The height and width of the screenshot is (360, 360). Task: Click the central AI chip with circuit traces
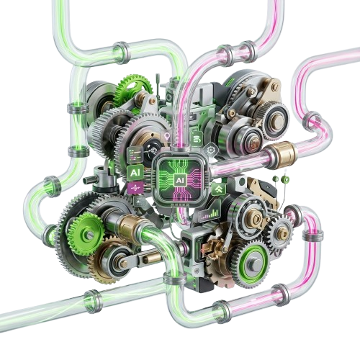pos(178,179)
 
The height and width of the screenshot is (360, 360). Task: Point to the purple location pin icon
pos(167,135)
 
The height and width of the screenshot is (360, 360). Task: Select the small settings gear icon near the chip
pos(210,148)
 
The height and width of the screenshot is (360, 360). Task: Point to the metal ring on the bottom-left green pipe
pos(91,296)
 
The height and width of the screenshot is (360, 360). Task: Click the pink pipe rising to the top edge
pos(274,22)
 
